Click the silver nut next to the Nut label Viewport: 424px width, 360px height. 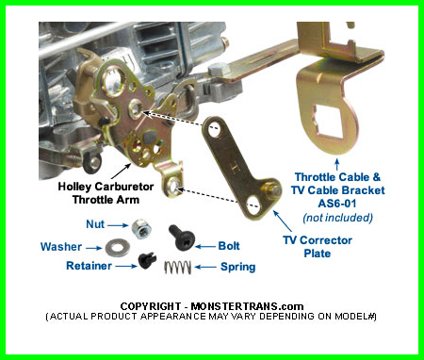coord(142,229)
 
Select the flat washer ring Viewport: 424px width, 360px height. coord(118,248)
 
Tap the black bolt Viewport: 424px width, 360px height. coord(182,237)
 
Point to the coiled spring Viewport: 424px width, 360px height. coord(177,268)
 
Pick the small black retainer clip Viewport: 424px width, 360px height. coord(147,260)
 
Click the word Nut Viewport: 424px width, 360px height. coord(95,224)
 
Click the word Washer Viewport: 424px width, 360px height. coord(61,247)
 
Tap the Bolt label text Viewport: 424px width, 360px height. coord(229,246)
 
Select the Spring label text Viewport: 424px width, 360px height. coord(238,267)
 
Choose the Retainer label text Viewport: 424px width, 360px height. coord(89,266)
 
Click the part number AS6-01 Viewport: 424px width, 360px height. coord(337,204)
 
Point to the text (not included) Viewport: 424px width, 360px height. coord(337,218)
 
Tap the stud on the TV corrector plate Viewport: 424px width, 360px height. coord(272,189)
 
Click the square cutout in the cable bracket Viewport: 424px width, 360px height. coord(328,122)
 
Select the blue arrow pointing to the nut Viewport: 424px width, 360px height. coord(118,225)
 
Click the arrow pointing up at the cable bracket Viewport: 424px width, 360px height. coord(337,165)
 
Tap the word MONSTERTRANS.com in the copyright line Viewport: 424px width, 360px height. coord(247,306)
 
